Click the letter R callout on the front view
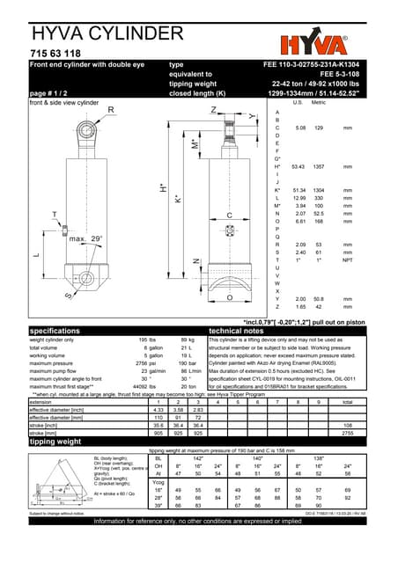point(111,110)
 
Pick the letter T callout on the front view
point(55,215)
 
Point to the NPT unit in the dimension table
point(347,260)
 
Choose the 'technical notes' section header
point(243,330)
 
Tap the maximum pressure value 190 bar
point(186,362)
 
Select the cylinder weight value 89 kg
point(187,339)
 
